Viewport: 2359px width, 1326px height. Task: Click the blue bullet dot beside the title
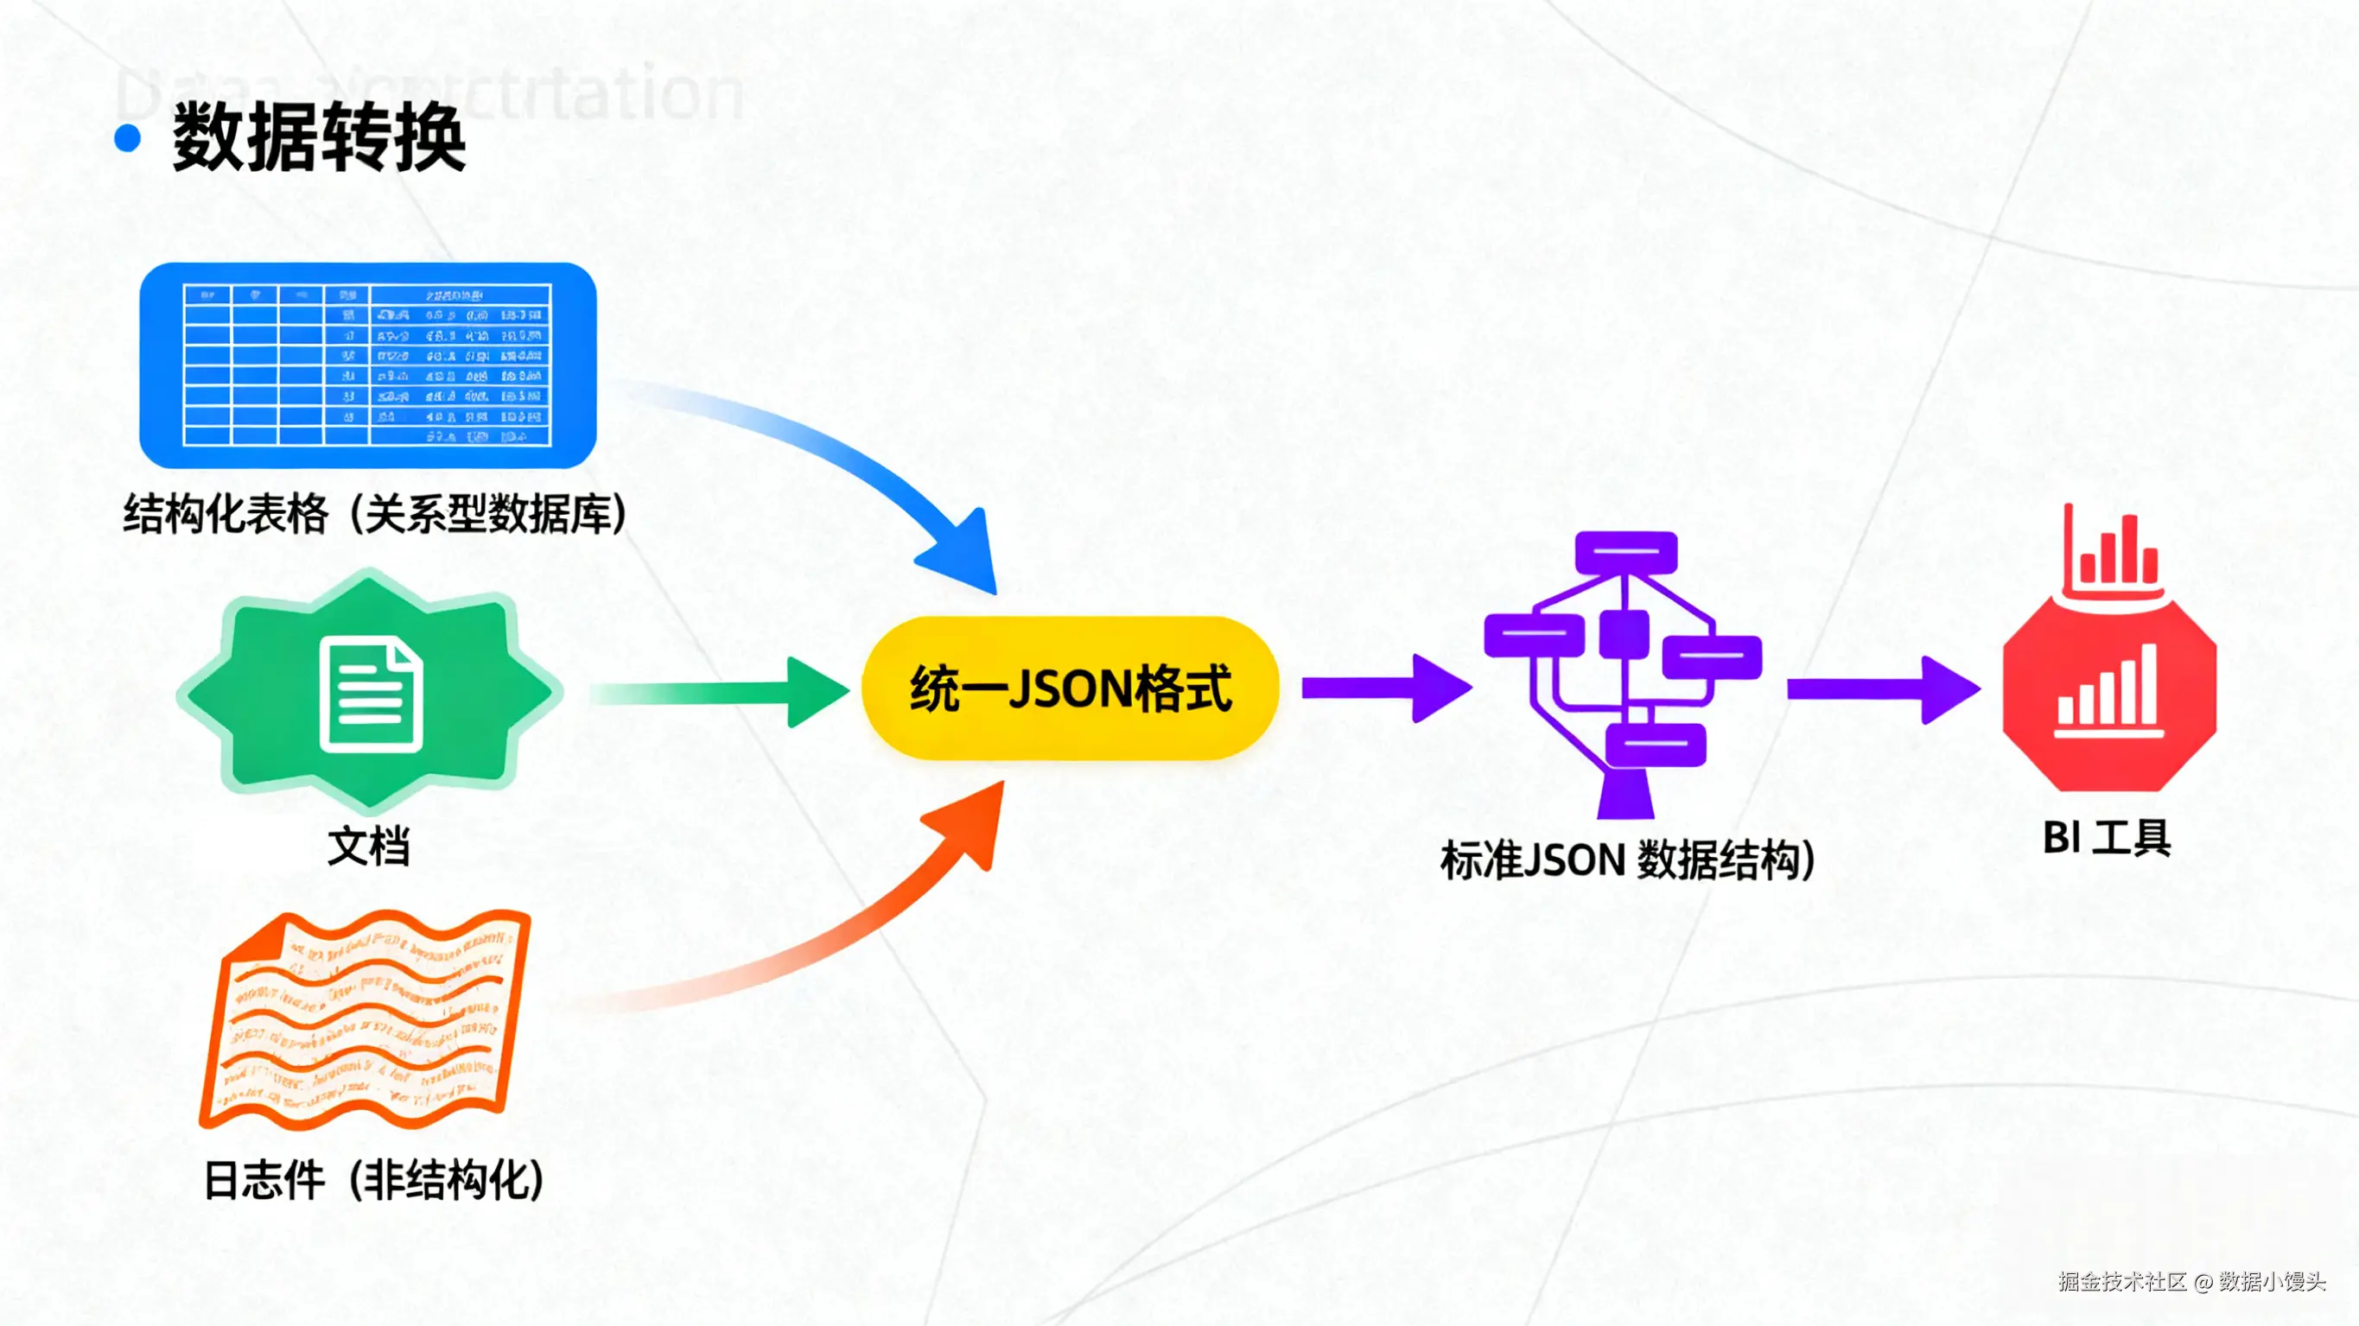pyautogui.click(x=127, y=138)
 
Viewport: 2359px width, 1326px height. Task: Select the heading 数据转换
pyautogui.click(x=319, y=137)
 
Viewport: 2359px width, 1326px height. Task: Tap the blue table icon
pyautogui.click(x=367, y=365)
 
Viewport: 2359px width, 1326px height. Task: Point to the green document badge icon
pyautogui.click(x=369, y=691)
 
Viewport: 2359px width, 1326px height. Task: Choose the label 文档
pyautogui.click(x=368, y=845)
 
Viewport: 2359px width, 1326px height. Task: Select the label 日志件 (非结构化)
pyautogui.click(x=373, y=1179)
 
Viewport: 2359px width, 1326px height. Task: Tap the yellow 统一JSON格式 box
pyautogui.click(x=1070, y=688)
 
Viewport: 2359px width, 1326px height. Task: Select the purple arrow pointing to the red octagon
pyautogui.click(x=1881, y=688)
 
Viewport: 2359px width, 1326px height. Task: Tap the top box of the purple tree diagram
pyautogui.click(x=1625, y=552)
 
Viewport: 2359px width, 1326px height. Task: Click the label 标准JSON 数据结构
pyautogui.click(x=1626, y=860)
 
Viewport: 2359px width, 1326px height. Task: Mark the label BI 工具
pyautogui.click(x=2107, y=838)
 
